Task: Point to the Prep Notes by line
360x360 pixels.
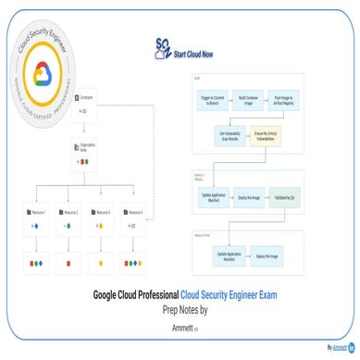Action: click(180, 312)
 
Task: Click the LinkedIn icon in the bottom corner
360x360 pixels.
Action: click(352, 348)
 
